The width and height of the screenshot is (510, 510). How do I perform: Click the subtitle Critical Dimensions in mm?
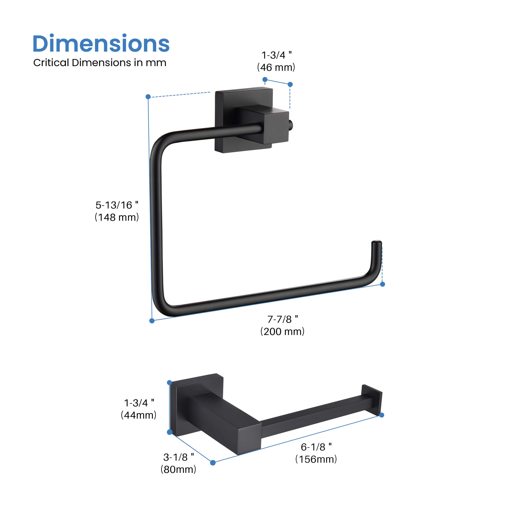[100, 63]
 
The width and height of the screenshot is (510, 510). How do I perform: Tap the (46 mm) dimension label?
[276, 68]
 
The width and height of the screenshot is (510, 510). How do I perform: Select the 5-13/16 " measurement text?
[117, 205]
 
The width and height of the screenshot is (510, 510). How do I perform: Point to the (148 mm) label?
[117, 217]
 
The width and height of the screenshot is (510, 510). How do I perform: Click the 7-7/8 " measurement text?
[283, 319]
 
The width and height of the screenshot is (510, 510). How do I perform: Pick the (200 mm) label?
[283, 331]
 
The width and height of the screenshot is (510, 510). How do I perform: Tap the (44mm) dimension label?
[139, 415]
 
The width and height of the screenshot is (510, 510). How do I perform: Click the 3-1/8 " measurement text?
[179, 457]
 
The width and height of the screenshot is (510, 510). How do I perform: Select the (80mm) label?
[178, 469]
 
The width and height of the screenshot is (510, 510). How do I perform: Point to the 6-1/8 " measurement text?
[316, 447]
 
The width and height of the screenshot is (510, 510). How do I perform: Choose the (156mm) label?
[316, 459]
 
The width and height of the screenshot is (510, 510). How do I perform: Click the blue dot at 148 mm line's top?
[148, 97]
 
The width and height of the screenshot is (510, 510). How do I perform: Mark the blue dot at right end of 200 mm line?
[382, 284]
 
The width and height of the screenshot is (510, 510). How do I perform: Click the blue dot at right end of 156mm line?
[381, 415]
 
